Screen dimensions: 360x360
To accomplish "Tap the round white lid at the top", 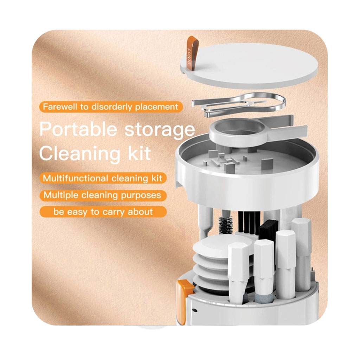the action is (249, 65).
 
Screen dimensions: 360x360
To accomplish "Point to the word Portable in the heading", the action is (78, 129).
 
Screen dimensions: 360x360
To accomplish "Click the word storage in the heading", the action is (160, 130).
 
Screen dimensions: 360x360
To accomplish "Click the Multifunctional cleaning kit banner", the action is (103, 178).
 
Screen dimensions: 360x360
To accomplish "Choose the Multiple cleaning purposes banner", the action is (103, 195).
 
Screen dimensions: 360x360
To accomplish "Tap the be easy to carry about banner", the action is (103, 212).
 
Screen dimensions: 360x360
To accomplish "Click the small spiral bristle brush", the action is (225, 225).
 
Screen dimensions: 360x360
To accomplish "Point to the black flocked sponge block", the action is (268, 227).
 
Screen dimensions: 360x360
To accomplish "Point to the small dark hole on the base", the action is (195, 310).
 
